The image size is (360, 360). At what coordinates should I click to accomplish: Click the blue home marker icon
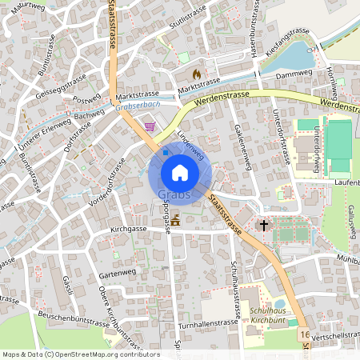179,173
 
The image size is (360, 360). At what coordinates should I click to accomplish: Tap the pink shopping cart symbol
150,126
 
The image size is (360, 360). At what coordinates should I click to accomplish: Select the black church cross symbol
262,226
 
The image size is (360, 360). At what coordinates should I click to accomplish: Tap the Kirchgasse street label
129,229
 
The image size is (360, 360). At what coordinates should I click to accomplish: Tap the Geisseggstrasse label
61,86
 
